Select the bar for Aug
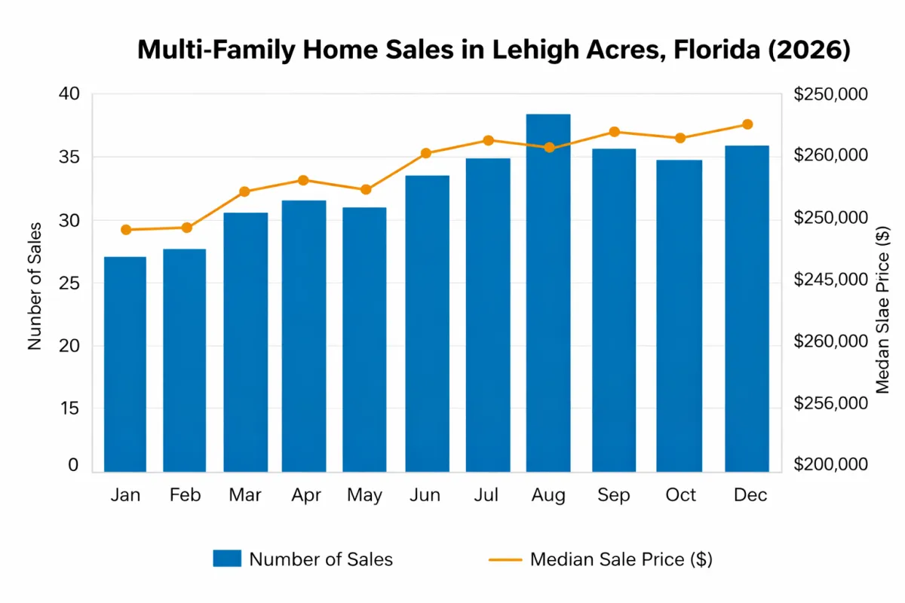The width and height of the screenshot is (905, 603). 548,293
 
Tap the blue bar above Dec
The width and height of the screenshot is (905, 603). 747,309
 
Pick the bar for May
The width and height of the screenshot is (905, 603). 364,339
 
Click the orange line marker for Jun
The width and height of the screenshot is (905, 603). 426,153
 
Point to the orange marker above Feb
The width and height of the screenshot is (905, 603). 187,228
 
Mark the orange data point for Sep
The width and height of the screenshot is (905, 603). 614,132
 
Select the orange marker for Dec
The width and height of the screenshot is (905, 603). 747,124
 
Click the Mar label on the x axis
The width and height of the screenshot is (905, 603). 244,495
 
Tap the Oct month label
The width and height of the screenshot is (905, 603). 681,495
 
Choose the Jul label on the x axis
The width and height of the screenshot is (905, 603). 488,495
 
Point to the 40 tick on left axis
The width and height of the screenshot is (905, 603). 68,94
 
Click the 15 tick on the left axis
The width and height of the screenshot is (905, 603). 68,409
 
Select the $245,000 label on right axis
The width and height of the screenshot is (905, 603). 831,280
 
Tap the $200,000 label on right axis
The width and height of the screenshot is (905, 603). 831,465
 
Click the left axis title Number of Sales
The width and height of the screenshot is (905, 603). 35,286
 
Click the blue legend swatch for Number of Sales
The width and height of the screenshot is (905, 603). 227,559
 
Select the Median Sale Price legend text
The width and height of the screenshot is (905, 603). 621,559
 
